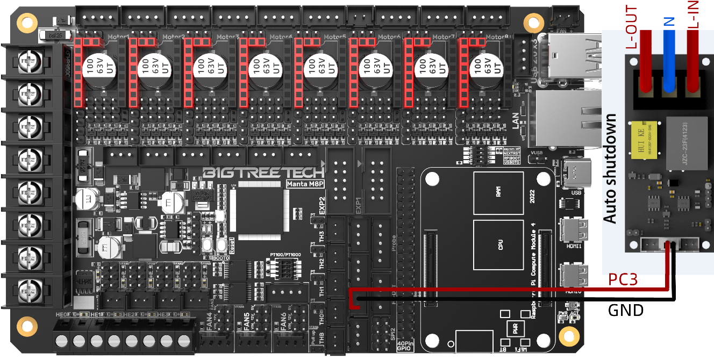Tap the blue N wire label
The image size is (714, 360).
pyautogui.click(x=669, y=21)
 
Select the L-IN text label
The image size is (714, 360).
pyautogui.click(x=694, y=16)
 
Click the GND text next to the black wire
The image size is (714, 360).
pyautogui.click(x=626, y=310)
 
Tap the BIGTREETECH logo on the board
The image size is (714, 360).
pyautogui.click(x=263, y=173)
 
